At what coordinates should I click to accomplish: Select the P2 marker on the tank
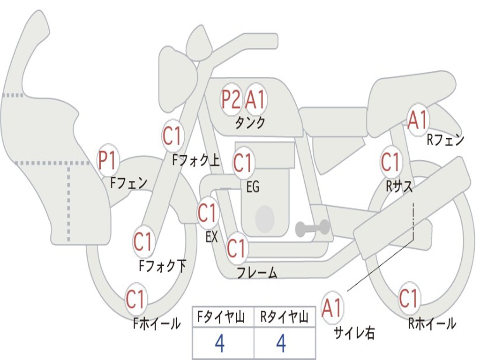point(231,99)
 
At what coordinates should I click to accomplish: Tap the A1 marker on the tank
point(255,99)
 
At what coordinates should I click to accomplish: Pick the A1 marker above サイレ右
point(332,307)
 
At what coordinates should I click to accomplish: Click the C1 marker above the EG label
point(243,163)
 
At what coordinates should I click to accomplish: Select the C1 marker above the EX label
point(208,212)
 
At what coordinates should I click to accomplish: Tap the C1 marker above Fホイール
point(135,299)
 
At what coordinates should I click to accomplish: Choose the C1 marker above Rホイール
point(409,298)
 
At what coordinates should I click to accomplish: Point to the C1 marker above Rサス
point(390,162)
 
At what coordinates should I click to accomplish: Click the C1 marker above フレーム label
point(237,247)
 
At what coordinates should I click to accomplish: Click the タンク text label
point(250,122)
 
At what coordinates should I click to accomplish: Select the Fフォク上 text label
point(196,160)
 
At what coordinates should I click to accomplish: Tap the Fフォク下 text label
point(162,265)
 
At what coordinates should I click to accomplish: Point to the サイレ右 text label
point(354,332)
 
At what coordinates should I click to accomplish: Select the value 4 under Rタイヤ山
point(281,343)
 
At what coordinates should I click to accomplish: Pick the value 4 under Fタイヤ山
point(220,343)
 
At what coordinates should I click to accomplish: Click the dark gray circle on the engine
point(265,218)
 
